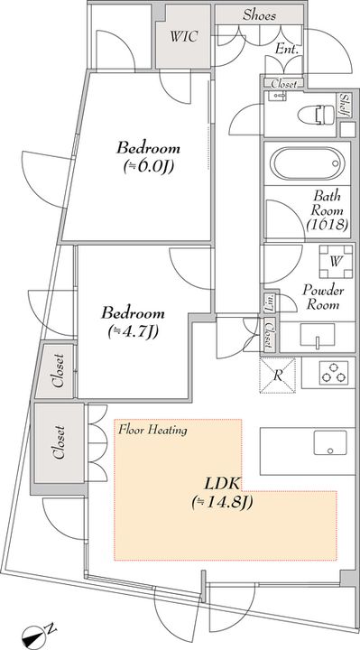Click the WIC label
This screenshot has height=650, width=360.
point(183,36)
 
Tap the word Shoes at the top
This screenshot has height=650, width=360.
point(259,15)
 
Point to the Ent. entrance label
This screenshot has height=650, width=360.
point(287,49)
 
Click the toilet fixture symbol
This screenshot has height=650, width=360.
point(316,115)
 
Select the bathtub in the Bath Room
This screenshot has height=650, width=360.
point(307,163)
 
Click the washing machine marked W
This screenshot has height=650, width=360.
point(336,262)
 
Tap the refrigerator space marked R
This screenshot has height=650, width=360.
point(278,376)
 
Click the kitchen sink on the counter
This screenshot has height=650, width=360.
point(330,442)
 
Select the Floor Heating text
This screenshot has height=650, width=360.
point(152,430)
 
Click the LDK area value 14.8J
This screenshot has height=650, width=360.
point(223,503)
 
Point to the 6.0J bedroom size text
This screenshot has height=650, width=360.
point(148,167)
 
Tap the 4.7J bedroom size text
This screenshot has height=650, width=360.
point(134,331)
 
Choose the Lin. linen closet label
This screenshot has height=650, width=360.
point(269,302)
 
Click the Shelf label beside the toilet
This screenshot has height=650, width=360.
point(344,105)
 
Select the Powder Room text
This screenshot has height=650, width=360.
point(323,297)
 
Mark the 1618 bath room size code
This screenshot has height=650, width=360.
point(328,224)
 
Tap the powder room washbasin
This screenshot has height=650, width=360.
point(318,336)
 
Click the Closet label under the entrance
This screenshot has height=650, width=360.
point(284,84)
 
